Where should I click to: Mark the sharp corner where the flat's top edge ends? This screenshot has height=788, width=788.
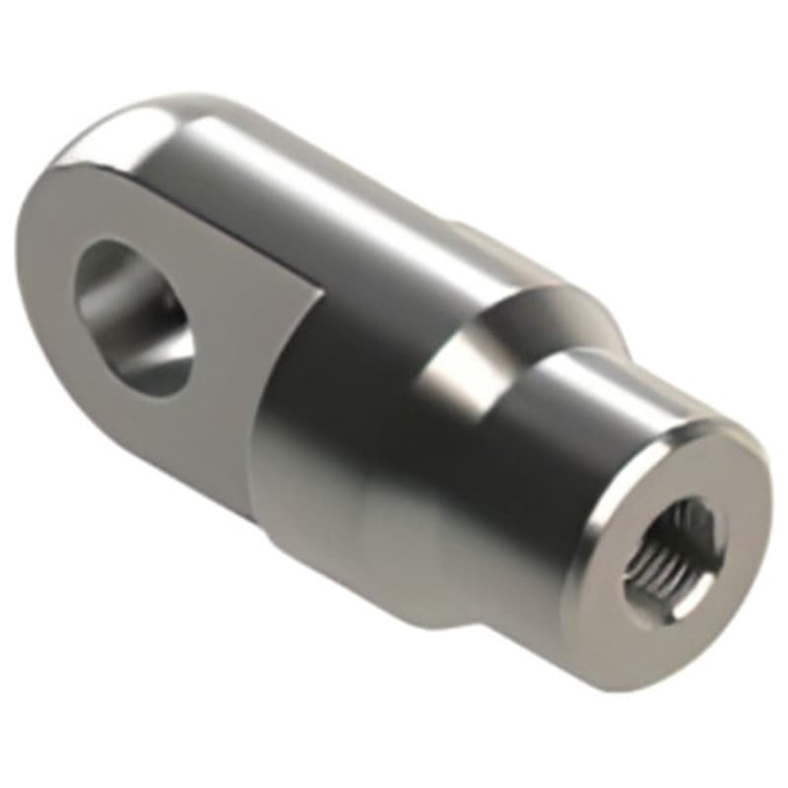(x=321, y=288)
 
